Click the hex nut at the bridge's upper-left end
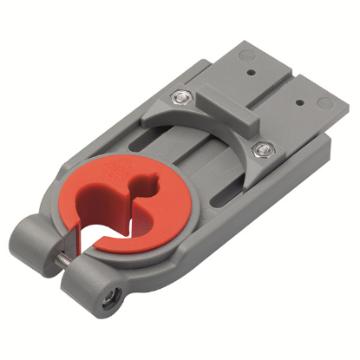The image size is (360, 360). (180, 99)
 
